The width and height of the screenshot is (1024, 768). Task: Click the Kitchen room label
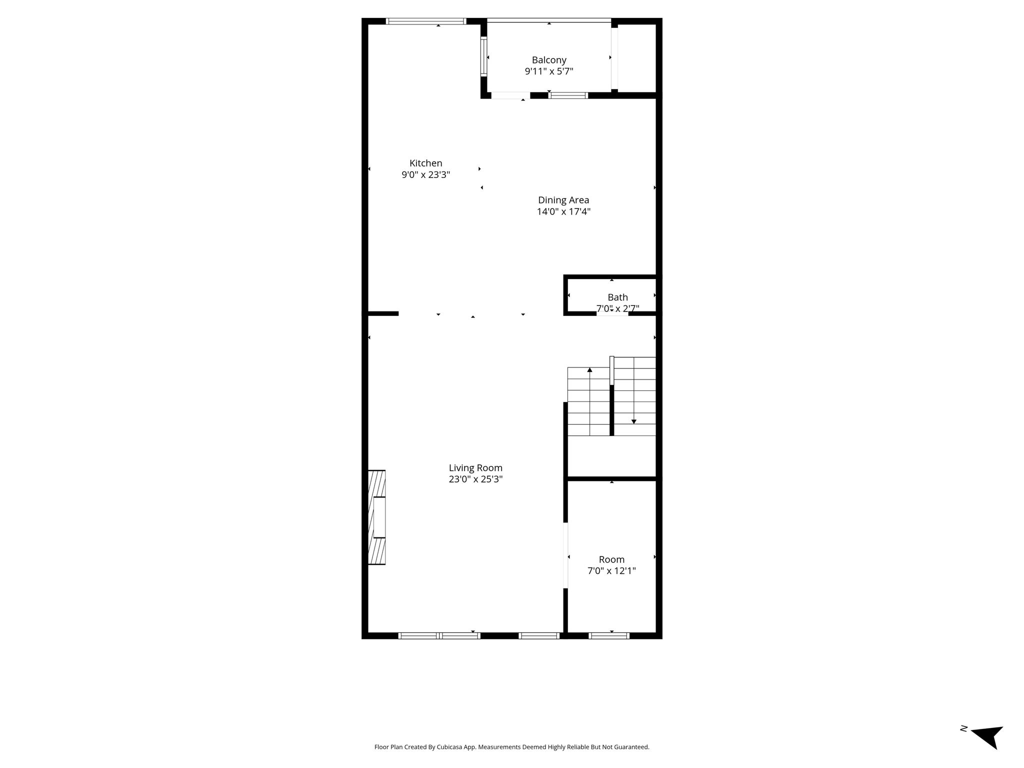pyautogui.click(x=426, y=163)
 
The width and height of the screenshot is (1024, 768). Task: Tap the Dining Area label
pyautogui.click(x=563, y=200)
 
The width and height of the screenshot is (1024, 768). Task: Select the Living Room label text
pyautogui.click(x=475, y=468)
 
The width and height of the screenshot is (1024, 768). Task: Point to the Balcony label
pyautogui.click(x=549, y=60)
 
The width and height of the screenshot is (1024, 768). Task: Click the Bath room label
pyautogui.click(x=617, y=297)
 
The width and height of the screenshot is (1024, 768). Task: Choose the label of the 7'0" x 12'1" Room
pyautogui.click(x=611, y=559)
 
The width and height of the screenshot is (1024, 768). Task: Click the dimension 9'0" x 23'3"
pyautogui.click(x=426, y=175)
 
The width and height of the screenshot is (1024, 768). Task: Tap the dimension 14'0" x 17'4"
pyautogui.click(x=563, y=211)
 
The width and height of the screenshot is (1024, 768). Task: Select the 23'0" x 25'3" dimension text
pyautogui.click(x=475, y=479)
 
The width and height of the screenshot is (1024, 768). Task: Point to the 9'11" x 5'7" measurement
pyautogui.click(x=549, y=71)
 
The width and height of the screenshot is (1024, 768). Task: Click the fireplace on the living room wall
pyautogui.click(x=376, y=517)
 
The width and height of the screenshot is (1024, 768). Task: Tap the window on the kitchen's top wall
pyautogui.click(x=426, y=21)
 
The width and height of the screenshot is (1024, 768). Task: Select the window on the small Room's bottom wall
pyautogui.click(x=608, y=636)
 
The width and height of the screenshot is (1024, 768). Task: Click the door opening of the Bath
pyautogui.click(x=612, y=313)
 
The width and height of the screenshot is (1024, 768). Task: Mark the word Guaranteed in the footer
pyautogui.click(x=632, y=761)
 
